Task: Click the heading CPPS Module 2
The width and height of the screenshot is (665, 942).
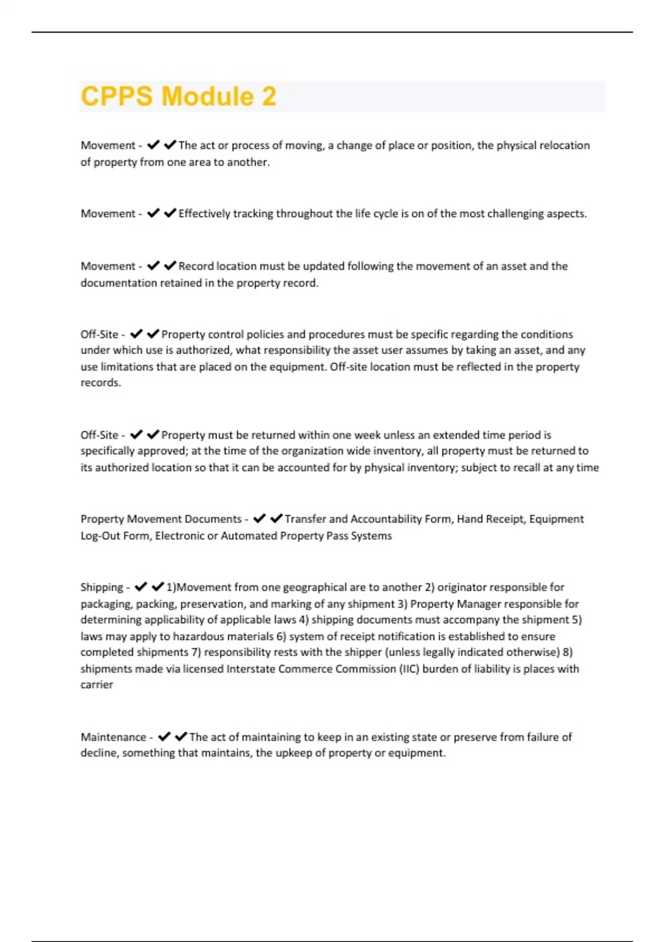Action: point(178,96)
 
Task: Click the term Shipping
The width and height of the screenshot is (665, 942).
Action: point(102,587)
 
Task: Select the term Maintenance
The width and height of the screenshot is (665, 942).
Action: point(113,737)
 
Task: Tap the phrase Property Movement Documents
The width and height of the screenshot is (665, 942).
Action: point(161,519)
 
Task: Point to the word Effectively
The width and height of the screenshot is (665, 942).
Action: point(204,214)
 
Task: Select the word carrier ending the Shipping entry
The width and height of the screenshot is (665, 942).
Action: point(96,685)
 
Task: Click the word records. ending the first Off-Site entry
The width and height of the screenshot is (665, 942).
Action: point(100,383)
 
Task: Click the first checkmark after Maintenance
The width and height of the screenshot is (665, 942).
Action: point(163,736)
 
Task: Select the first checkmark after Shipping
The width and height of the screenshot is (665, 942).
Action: point(141,587)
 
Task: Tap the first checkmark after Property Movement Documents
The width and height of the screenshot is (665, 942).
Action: point(259,519)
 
